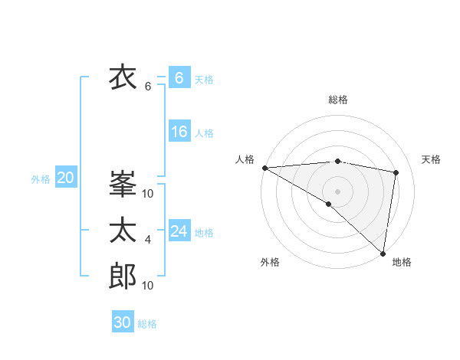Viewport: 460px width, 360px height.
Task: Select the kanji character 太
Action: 123,231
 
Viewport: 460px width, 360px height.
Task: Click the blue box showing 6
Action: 179,78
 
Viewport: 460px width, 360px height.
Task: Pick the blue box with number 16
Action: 179,132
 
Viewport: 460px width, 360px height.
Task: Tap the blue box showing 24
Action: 179,231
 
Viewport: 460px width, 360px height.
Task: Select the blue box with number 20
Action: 65,178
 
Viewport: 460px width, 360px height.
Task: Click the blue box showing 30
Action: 123,322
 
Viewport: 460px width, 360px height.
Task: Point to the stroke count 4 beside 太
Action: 148,241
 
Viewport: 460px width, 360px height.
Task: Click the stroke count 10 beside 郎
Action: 148,286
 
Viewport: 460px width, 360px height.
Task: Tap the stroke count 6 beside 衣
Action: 148,87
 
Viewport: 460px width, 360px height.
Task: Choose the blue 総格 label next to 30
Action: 147,324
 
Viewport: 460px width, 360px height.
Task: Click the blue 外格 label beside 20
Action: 41,179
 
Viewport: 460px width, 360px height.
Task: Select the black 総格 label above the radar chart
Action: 337,100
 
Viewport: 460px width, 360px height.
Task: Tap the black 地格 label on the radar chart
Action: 402,263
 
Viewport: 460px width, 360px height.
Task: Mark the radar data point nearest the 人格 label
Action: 264,167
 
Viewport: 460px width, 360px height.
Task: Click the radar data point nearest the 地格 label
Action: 383,253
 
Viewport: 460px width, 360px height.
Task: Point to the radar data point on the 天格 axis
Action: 396,172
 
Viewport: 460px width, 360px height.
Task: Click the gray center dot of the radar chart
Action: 337,190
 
